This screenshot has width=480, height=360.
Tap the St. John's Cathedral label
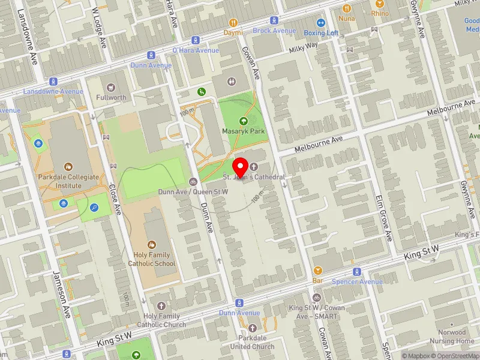tap(253, 178)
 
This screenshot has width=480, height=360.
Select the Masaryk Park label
tap(242, 131)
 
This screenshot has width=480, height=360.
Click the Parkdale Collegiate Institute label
tap(68, 181)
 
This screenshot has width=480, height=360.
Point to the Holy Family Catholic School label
tap(151, 259)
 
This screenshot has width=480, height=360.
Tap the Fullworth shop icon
tap(110, 88)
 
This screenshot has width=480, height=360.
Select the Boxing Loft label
tap(321, 33)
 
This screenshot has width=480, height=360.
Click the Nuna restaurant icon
tap(346, 8)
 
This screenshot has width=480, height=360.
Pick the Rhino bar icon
tap(380, 4)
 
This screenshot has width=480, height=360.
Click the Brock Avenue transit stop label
tap(274, 31)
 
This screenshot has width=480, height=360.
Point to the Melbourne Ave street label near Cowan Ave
tap(318, 144)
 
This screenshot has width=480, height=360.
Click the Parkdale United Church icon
tap(252, 328)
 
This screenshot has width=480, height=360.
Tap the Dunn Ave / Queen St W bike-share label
tap(193, 191)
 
